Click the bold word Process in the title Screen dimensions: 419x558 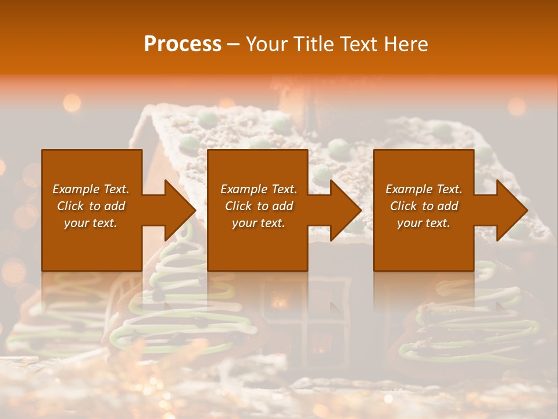(x=183, y=44)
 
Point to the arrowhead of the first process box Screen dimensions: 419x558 (x=177, y=210)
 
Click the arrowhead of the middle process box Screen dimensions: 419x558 (x=343, y=210)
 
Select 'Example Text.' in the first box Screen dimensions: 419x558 (x=91, y=189)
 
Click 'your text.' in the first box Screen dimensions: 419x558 (x=91, y=223)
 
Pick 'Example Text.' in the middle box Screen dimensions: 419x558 (x=259, y=189)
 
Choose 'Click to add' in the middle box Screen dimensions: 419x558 (x=259, y=206)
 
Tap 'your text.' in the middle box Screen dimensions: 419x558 (x=259, y=223)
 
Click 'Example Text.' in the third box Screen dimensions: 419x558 (x=424, y=189)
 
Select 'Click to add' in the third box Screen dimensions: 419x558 (x=424, y=206)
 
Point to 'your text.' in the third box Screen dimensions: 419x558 (x=424, y=223)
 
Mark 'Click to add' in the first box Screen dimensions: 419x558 (x=91, y=206)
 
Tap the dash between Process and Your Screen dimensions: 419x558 (x=234, y=45)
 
